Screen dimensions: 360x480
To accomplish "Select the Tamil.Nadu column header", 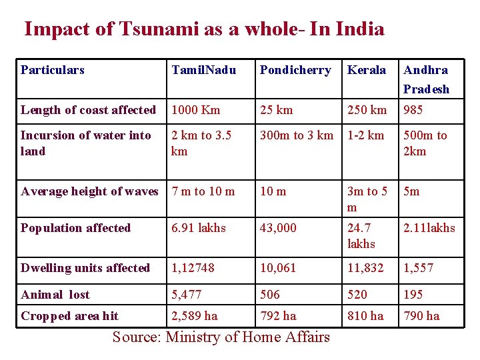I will tap(203, 70).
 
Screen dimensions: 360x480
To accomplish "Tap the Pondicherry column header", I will tap(295, 70).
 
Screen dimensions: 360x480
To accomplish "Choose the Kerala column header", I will tap(367, 70).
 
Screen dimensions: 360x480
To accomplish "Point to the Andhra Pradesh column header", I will tap(426, 79).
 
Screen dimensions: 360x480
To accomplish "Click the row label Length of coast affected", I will tap(88, 110).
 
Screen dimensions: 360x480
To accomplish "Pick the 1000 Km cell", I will tap(195, 110).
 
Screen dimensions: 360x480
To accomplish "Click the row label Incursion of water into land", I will tap(85, 143).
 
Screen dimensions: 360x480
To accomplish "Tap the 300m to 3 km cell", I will tap(297, 135).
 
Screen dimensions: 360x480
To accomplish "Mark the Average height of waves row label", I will tap(89, 191).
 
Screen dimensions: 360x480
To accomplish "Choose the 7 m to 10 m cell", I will tap(203, 191).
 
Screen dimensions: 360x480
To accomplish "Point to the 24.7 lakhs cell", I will tap(362, 236).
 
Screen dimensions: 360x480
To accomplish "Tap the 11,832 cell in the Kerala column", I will tap(366, 268).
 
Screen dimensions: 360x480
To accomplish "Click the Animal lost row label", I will tap(55, 295).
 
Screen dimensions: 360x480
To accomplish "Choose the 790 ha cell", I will tap(422, 316).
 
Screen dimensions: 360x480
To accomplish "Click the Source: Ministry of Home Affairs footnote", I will tap(221, 337).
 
